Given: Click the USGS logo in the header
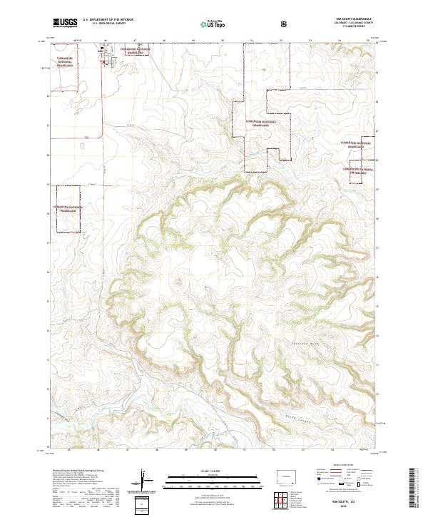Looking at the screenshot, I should [65, 23].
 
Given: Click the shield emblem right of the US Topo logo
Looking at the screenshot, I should [285, 24].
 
